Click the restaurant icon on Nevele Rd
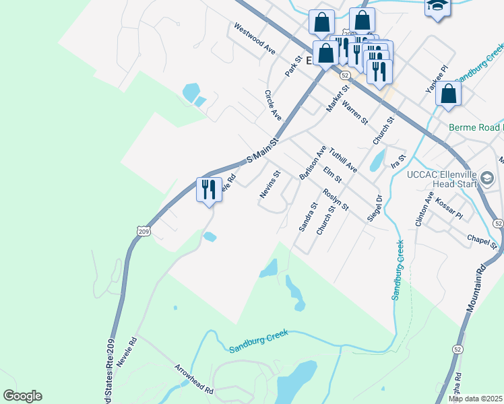tap(209, 189)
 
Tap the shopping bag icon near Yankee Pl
tap(448, 94)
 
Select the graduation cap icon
tap(437, 7)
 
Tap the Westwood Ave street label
tap(255, 40)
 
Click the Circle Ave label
tap(273, 105)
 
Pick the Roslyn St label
tap(335, 199)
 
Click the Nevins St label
tap(270, 184)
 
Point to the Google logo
tap(22, 396)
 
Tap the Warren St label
tap(354, 112)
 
